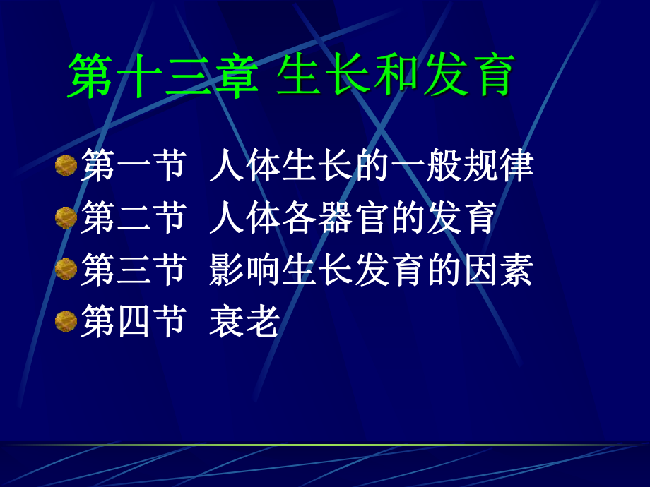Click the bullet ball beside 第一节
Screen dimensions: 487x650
pyautogui.click(x=66, y=166)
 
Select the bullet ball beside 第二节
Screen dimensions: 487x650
pyautogui.click(x=66, y=217)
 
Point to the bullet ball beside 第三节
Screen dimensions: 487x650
pyautogui.click(x=66, y=269)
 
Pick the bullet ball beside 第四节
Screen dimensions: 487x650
pyautogui.click(x=66, y=321)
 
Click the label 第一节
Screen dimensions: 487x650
pyautogui.click(x=134, y=167)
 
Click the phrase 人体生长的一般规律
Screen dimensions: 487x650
pyautogui.click(x=371, y=167)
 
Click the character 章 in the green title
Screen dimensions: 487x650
pyautogui.click(x=230, y=76)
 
